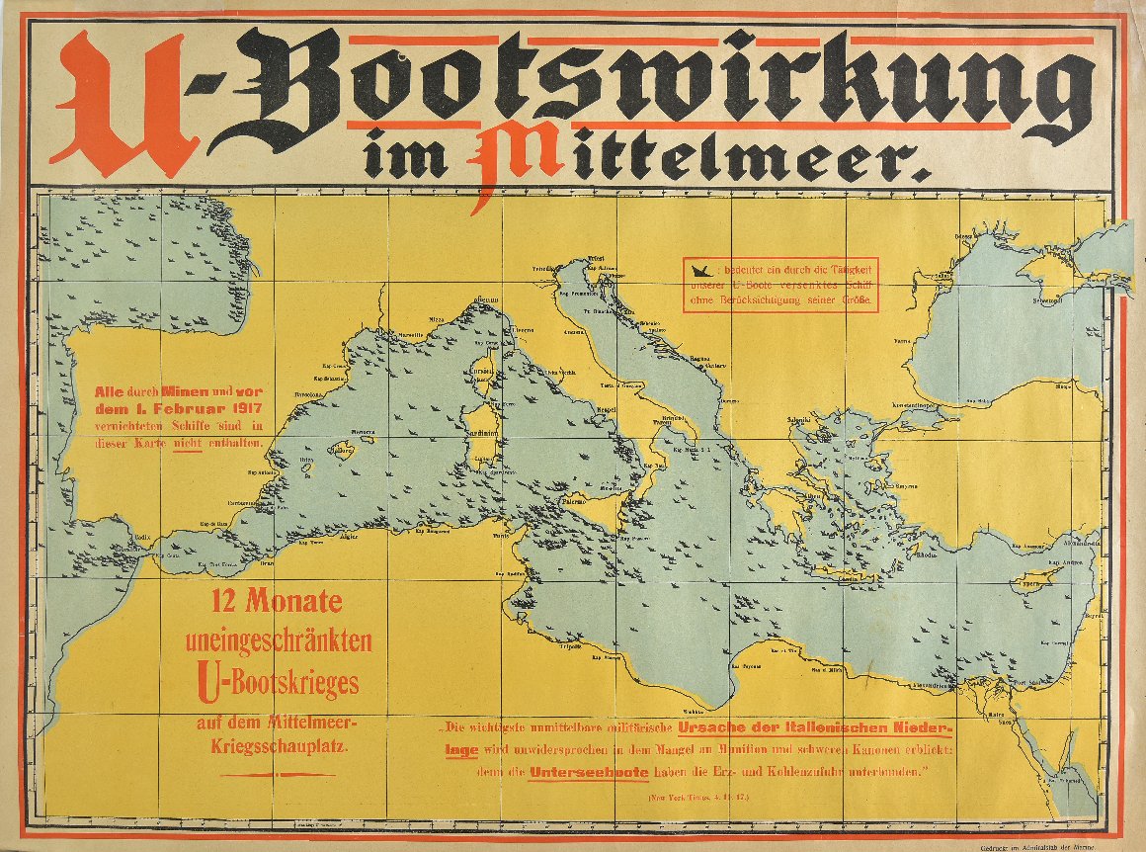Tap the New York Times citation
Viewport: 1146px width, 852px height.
point(696,796)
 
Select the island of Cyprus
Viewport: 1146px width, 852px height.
point(1033,582)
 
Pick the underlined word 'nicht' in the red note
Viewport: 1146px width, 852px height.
point(187,443)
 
